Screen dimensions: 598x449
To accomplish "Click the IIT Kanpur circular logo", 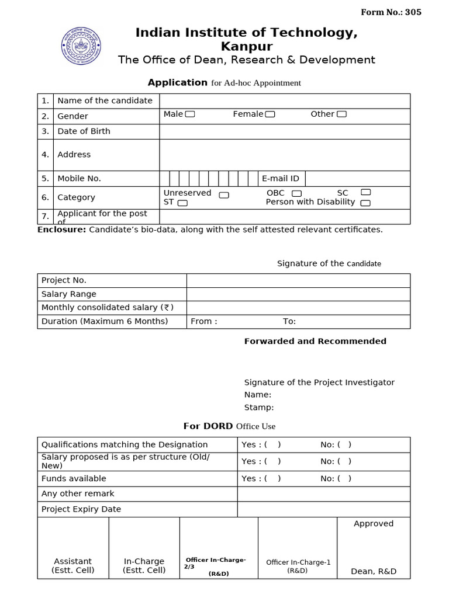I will pyautogui.click(x=81, y=46).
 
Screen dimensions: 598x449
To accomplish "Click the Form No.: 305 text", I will pyautogui.click(x=391, y=12).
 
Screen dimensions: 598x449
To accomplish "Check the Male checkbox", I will pyautogui.click(x=190, y=114).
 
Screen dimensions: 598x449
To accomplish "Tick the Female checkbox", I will pyautogui.click(x=270, y=114).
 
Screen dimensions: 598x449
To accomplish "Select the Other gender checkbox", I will pyautogui.click(x=341, y=114).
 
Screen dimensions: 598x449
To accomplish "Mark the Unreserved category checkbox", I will pyautogui.click(x=224, y=195).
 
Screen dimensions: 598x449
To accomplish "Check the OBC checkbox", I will pyautogui.click(x=297, y=193).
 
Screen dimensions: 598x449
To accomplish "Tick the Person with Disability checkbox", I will pyautogui.click(x=365, y=203).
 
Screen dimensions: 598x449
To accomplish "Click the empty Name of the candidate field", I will pyautogui.click(x=284, y=101).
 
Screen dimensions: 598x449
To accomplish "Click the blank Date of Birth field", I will pyautogui.click(x=284, y=131).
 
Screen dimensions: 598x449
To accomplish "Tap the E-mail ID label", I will pyautogui.click(x=281, y=179).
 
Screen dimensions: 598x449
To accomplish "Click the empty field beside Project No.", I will pyautogui.click(x=298, y=280).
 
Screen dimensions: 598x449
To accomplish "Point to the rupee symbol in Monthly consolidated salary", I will pyautogui.click(x=167, y=307).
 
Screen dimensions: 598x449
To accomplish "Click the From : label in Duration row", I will pyautogui.click(x=204, y=321).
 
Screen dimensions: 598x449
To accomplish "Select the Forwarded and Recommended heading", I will pyautogui.click(x=315, y=341).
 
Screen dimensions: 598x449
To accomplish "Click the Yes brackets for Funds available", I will pyautogui.click(x=272, y=478).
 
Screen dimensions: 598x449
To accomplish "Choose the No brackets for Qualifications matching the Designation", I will pyautogui.click(x=344, y=444).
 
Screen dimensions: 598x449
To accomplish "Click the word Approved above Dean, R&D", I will pyautogui.click(x=374, y=524).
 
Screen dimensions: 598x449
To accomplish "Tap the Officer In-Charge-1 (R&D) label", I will pyautogui.click(x=298, y=566).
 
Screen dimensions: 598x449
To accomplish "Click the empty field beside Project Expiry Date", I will pyautogui.click(x=323, y=509).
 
